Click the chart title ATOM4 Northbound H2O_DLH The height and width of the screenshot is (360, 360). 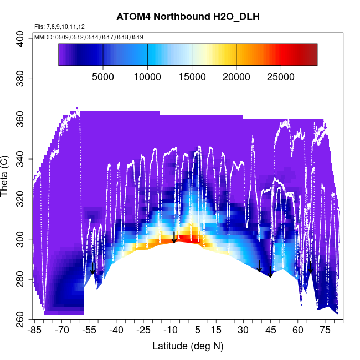(x=188, y=17)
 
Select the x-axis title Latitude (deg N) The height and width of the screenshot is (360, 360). (x=188, y=346)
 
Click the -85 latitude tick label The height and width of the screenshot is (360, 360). (x=35, y=331)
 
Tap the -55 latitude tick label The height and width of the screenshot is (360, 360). (x=89, y=331)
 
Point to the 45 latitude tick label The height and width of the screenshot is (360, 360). (x=270, y=331)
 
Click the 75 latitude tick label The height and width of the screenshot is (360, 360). (x=325, y=331)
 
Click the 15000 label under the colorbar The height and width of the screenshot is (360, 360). (x=192, y=77)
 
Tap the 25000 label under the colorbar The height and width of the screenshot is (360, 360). (x=281, y=77)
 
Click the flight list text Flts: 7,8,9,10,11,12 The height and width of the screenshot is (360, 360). (x=59, y=27)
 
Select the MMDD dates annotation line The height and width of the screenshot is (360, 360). (x=89, y=37)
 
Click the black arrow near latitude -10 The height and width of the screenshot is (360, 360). (x=174, y=237)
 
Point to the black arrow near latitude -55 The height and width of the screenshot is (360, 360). (x=93, y=269)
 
